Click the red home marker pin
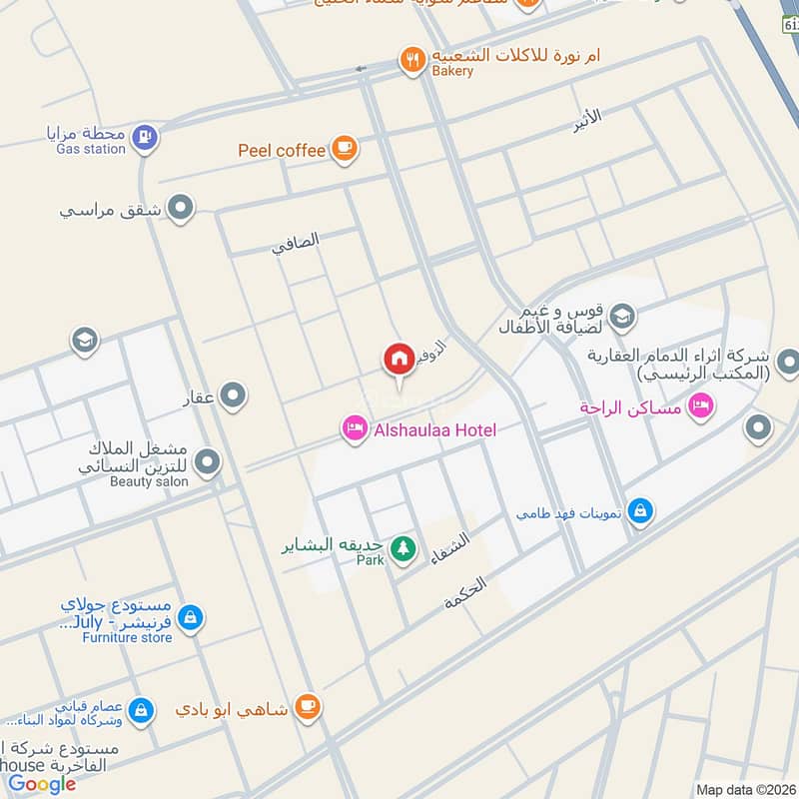tap(399, 359)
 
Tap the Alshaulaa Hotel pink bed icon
tap(353, 428)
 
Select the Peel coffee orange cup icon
tap(345, 149)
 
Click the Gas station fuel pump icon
tap(145, 136)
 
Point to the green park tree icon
tap(403, 548)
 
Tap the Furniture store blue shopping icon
tap(191, 618)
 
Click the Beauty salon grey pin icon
tap(208, 461)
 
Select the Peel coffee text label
tap(282, 150)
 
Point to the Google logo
tap(42, 784)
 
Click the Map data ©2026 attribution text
tap(746, 789)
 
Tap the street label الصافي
tap(296, 243)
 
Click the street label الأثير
tap(588, 118)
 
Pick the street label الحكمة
tap(465, 593)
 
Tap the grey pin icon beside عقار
tap(234, 397)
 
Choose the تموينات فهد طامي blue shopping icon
tap(642, 512)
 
